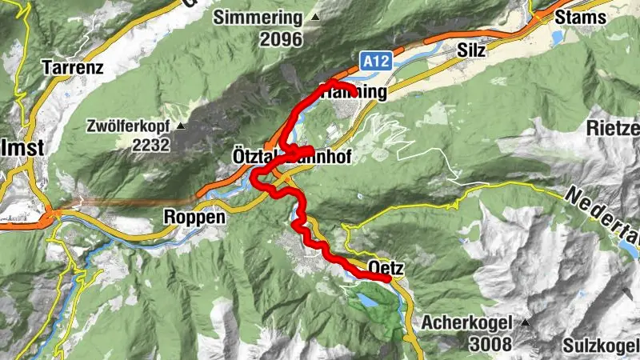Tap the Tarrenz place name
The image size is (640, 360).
75,67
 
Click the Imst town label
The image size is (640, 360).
22,148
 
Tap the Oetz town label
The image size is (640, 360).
386,267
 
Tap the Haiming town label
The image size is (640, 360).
353,93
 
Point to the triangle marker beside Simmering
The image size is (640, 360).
315,17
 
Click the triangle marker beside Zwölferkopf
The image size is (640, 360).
182,126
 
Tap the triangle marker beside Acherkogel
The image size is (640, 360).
525,322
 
